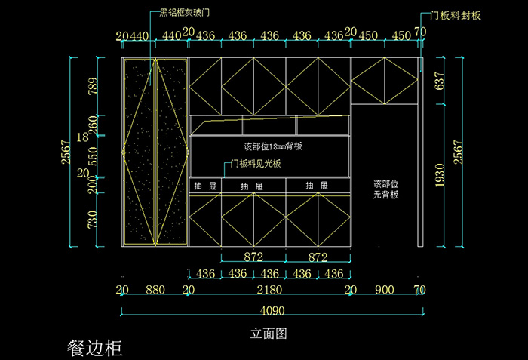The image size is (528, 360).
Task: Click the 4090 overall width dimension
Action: [272, 309]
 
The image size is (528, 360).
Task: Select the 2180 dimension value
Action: [269, 290]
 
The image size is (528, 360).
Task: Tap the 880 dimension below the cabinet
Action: [155, 290]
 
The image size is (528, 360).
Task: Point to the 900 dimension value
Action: [385, 290]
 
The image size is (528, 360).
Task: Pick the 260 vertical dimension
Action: [93, 123]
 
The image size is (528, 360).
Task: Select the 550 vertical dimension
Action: [93, 156]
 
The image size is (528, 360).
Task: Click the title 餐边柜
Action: [94, 348]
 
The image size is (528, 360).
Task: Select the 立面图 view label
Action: [269, 333]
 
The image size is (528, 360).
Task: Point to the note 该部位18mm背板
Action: [273, 146]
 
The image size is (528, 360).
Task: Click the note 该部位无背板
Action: [385, 189]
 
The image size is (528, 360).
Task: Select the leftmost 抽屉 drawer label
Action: [204, 186]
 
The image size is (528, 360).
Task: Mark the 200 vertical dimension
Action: [93, 184]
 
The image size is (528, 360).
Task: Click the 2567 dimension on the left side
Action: [66, 153]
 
